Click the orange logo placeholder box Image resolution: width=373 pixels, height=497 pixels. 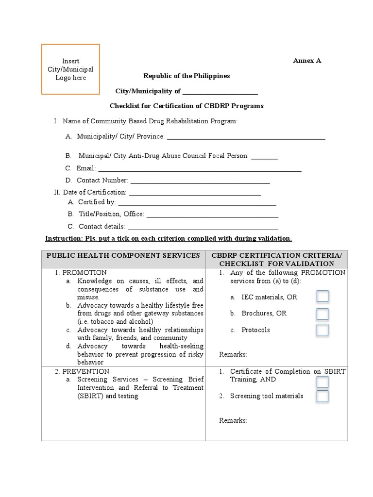pyautogui.click(x=70, y=69)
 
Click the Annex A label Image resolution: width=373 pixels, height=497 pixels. pyautogui.click(x=306, y=61)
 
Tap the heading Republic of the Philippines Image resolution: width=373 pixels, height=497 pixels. pyautogui.click(x=186, y=76)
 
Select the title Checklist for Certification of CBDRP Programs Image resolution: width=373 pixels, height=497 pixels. pyautogui.click(x=186, y=106)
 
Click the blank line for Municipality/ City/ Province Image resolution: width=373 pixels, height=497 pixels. pyautogui.click(x=246, y=137)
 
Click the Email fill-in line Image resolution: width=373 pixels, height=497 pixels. pyautogui.click(x=200, y=169)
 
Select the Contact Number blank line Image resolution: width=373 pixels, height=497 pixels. pyautogui.click(x=200, y=182)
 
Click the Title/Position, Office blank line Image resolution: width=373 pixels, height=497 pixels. pyautogui.click(x=212, y=215)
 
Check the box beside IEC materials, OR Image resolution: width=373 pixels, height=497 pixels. pyautogui.click(x=322, y=296)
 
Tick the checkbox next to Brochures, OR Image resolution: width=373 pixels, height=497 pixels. pyautogui.click(x=322, y=314)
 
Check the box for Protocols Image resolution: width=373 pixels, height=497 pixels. pyautogui.click(x=322, y=330)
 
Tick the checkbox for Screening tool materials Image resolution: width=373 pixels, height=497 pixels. pyautogui.click(x=322, y=396)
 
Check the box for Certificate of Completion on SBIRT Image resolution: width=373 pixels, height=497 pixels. pyautogui.click(x=322, y=382)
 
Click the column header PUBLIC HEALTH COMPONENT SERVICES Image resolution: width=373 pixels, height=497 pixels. pyautogui.click(x=123, y=255)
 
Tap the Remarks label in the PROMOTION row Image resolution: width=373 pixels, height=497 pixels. pyautogui.click(x=233, y=355)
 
